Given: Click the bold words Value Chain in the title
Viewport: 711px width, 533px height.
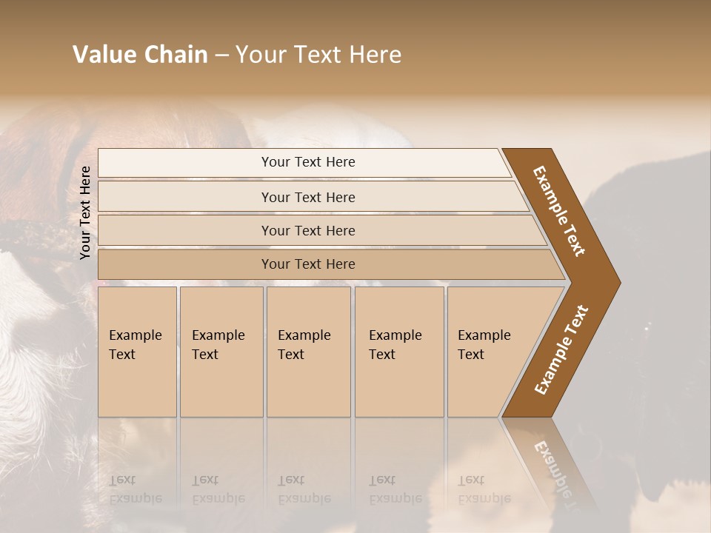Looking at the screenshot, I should [x=140, y=55].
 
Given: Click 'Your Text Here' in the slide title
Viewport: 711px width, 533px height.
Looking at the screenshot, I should [x=318, y=55].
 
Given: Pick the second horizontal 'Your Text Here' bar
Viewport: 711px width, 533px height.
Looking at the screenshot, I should [x=308, y=197].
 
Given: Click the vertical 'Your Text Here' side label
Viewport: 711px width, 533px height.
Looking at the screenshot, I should [x=85, y=212].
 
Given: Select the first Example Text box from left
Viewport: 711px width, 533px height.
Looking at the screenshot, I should [x=137, y=351].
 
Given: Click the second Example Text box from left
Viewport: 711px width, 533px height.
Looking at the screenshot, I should [x=221, y=351].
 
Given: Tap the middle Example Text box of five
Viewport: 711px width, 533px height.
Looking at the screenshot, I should [x=308, y=351].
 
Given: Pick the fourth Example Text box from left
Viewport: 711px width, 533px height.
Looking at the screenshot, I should [x=398, y=351].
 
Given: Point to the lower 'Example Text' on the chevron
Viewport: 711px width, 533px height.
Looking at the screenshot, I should [x=561, y=349].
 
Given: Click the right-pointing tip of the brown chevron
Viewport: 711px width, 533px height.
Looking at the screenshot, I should [x=616, y=282].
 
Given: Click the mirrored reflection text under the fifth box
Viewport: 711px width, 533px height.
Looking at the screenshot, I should [x=484, y=489].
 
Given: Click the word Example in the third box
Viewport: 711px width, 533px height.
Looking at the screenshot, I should [x=304, y=335].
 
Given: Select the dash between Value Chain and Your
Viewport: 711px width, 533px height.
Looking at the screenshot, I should [x=221, y=56].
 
